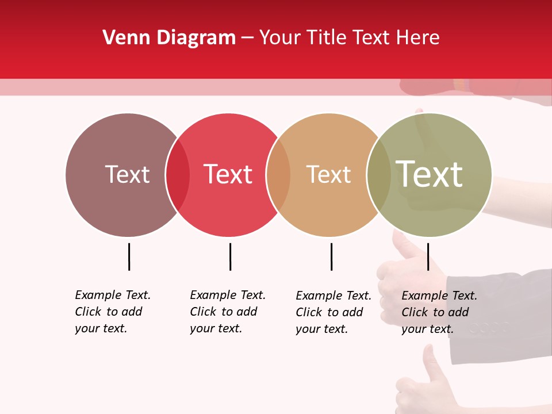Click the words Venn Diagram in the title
pos(169,38)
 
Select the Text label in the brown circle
pos(127,175)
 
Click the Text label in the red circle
pos(228,175)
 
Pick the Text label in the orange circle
pos(328,175)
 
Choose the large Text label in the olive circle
pos(430,174)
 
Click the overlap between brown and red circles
pos(178,175)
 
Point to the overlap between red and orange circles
pos(278,175)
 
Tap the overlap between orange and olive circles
pos(379,175)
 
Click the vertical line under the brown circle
pos(129,256)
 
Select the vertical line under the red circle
pos(230,256)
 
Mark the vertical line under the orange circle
pos(331,256)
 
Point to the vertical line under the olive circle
pos(428,256)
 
